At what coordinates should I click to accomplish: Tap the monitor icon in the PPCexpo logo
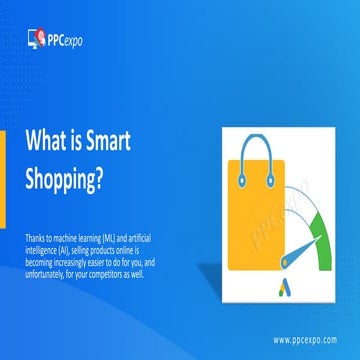[37, 39]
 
